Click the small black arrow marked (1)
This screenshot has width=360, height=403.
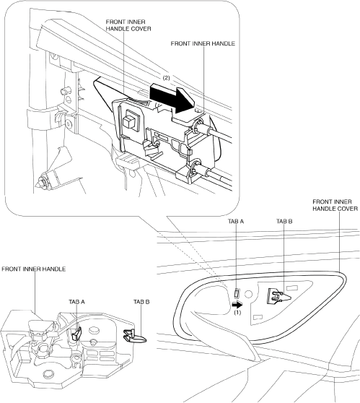237,305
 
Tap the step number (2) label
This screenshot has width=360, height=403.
167,78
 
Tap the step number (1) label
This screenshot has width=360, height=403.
237,313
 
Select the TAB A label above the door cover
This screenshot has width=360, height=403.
236,221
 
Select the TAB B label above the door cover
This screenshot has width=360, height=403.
284,221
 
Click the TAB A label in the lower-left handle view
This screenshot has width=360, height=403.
76,302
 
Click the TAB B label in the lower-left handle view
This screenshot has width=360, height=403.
141,302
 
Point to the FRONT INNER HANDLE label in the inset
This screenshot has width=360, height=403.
203,43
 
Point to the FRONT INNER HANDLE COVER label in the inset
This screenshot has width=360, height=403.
128,25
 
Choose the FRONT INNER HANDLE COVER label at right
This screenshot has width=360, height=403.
335,205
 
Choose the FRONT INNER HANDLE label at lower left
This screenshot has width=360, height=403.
34,269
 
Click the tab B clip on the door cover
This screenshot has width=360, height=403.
278,296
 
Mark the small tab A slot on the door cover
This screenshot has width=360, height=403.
237,293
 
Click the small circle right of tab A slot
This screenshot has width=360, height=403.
248,294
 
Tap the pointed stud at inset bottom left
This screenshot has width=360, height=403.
40,182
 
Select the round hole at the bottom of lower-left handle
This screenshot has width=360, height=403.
48,373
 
